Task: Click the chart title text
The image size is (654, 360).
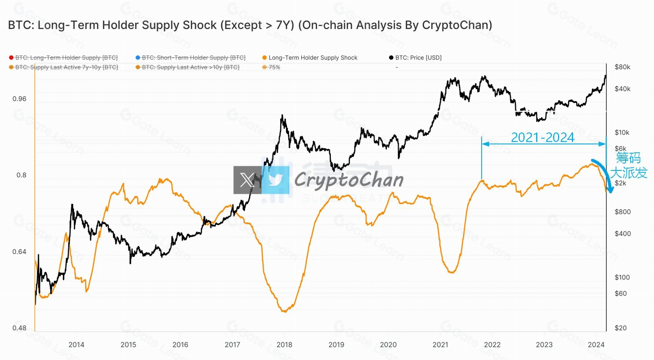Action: pyautogui.click(x=250, y=25)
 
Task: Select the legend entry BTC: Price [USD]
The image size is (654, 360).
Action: pyautogui.click(x=418, y=58)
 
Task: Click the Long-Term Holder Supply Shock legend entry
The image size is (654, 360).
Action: pyautogui.click(x=312, y=58)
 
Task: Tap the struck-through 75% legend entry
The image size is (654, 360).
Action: pyautogui.click(x=274, y=67)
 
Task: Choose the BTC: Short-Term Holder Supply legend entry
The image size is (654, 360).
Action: pyautogui.click(x=193, y=58)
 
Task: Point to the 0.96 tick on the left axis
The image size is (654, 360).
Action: pyautogui.click(x=20, y=99)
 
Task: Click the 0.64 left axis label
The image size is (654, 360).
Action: pyautogui.click(x=20, y=252)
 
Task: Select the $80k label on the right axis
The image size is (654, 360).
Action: pyautogui.click(x=622, y=67)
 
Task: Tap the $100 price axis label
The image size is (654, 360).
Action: pyautogui.click(x=622, y=277)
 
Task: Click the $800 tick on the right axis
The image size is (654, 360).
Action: pyautogui.click(x=622, y=212)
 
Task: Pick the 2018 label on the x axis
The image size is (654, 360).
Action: pyautogui.click(x=284, y=345)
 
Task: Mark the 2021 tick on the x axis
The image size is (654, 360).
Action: pyautogui.click(x=440, y=345)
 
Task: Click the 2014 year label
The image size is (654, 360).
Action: pyautogui.click(x=76, y=345)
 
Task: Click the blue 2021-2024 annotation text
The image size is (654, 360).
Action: pyautogui.click(x=543, y=137)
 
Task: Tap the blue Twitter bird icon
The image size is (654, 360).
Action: pyautogui.click(x=276, y=180)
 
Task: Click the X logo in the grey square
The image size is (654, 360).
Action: pyautogui.click(x=248, y=180)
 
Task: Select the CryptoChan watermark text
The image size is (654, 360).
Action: pyautogui.click(x=348, y=180)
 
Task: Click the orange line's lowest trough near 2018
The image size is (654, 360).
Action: pyautogui.click(x=284, y=311)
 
